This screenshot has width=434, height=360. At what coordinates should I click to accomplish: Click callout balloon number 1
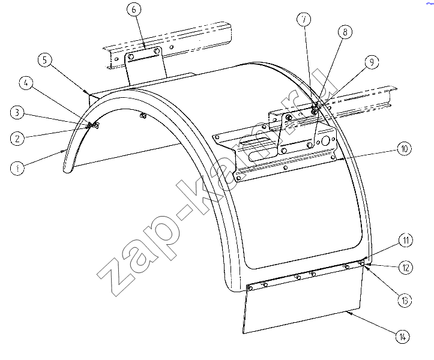click(17, 168)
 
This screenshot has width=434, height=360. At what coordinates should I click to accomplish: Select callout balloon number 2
click(17, 138)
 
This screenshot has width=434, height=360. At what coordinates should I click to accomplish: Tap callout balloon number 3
click(17, 113)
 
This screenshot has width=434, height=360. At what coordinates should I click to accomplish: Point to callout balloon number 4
click(26, 83)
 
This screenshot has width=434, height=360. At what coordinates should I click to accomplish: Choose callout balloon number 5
click(45, 60)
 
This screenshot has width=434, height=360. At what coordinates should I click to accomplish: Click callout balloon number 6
click(134, 10)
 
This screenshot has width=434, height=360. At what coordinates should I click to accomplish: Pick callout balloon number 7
click(304, 19)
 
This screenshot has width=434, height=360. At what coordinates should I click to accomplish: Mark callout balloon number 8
click(345, 32)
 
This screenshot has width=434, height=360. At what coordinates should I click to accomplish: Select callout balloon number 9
click(372, 62)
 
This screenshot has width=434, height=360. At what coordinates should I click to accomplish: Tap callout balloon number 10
click(405, 149)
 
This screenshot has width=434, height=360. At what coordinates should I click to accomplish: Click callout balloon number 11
click(406, 240)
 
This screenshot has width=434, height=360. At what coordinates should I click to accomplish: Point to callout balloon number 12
click(406, 268)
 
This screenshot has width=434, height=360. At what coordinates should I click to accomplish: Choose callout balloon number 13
click(405, 300)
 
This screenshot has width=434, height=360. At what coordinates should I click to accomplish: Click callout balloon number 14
click(402, 337)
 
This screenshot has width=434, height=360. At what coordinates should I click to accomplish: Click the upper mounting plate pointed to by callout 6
click(145, 65)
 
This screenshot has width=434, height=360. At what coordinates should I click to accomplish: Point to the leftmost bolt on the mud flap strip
click(250, 289)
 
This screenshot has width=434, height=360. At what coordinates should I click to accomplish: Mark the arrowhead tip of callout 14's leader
click(346, 311)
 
